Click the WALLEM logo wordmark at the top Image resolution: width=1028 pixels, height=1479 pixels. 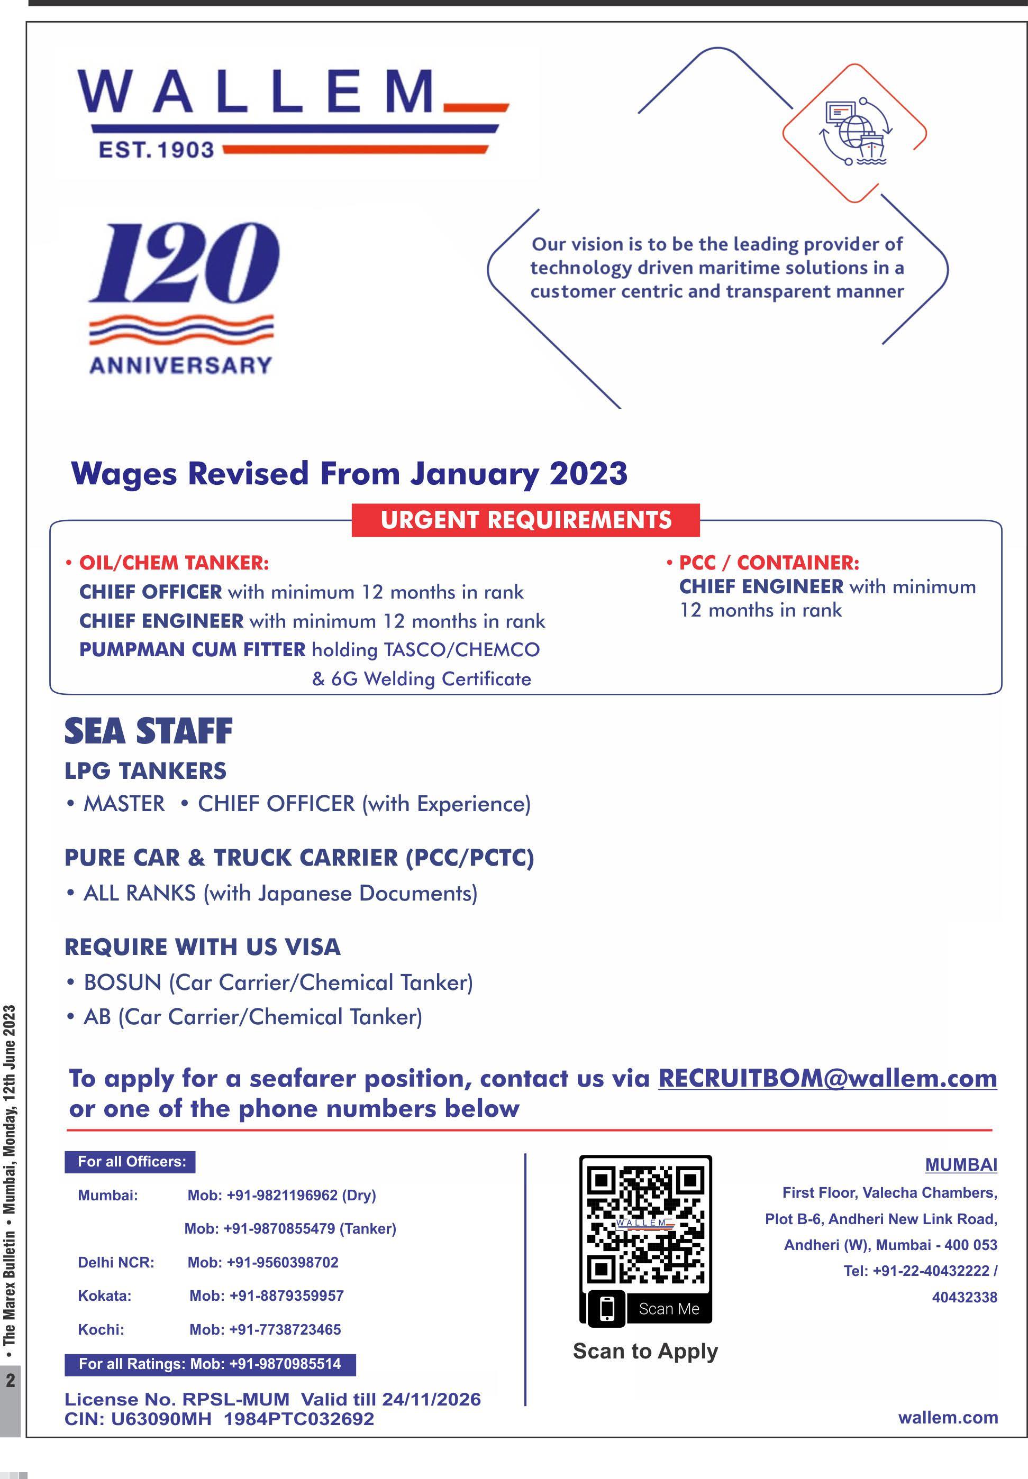pos(258,91)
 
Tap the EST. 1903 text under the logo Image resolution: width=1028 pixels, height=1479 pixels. pos(156,150)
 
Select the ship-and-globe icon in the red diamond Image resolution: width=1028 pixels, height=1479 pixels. pos(855,133)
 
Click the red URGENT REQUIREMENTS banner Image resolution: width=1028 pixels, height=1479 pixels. pos(525,520)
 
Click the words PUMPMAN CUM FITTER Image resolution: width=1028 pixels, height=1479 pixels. pos(192,649)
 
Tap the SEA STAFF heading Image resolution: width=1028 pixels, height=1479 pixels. pos(148,731)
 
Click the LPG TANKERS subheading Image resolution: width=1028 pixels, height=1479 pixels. pos(145,770)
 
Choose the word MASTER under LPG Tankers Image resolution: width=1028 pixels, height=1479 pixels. pos(124,804)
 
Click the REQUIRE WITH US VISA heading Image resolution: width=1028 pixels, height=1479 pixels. pos(202,947)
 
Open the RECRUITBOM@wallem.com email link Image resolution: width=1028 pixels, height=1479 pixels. pos(827,1078)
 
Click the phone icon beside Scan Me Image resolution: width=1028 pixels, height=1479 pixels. pos(607,1308)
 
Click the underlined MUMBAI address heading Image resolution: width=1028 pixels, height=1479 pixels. pos(960,1165)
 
